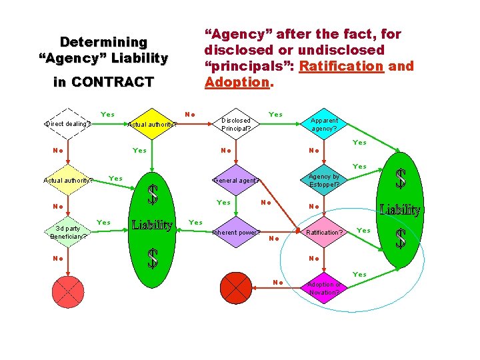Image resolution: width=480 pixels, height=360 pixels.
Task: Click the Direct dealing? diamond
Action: coord(68,123)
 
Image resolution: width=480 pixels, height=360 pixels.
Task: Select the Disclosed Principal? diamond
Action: coord(236,124)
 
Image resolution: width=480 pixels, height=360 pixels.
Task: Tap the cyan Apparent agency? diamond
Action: coord(324,124)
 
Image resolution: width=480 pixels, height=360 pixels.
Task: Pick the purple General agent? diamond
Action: coord(236,180)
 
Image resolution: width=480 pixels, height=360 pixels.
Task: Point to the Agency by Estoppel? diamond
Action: coord(324,180)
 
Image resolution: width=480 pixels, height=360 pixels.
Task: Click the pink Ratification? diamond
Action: coord(324,233)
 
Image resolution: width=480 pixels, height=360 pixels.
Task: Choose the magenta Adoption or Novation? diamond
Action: coord(324,289)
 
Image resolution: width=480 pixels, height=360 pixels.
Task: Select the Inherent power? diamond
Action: coord(236,233)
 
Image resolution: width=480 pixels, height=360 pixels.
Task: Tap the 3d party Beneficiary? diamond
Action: coord(68,232)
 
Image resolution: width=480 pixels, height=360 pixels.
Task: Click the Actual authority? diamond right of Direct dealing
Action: coord(152,123)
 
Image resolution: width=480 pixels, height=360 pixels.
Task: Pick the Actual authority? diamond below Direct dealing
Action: coord(68,179)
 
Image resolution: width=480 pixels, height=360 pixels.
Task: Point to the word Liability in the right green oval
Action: coord(400,211)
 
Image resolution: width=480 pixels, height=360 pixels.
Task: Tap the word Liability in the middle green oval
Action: coord(153,225)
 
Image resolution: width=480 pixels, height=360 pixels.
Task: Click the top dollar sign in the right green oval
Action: coord(401,178)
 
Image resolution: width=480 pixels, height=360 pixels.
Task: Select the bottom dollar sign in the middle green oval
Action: coord(153,259)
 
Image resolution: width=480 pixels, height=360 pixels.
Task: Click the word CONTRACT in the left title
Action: coord(113,83)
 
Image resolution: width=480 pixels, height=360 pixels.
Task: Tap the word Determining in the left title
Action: coord(103,41)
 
